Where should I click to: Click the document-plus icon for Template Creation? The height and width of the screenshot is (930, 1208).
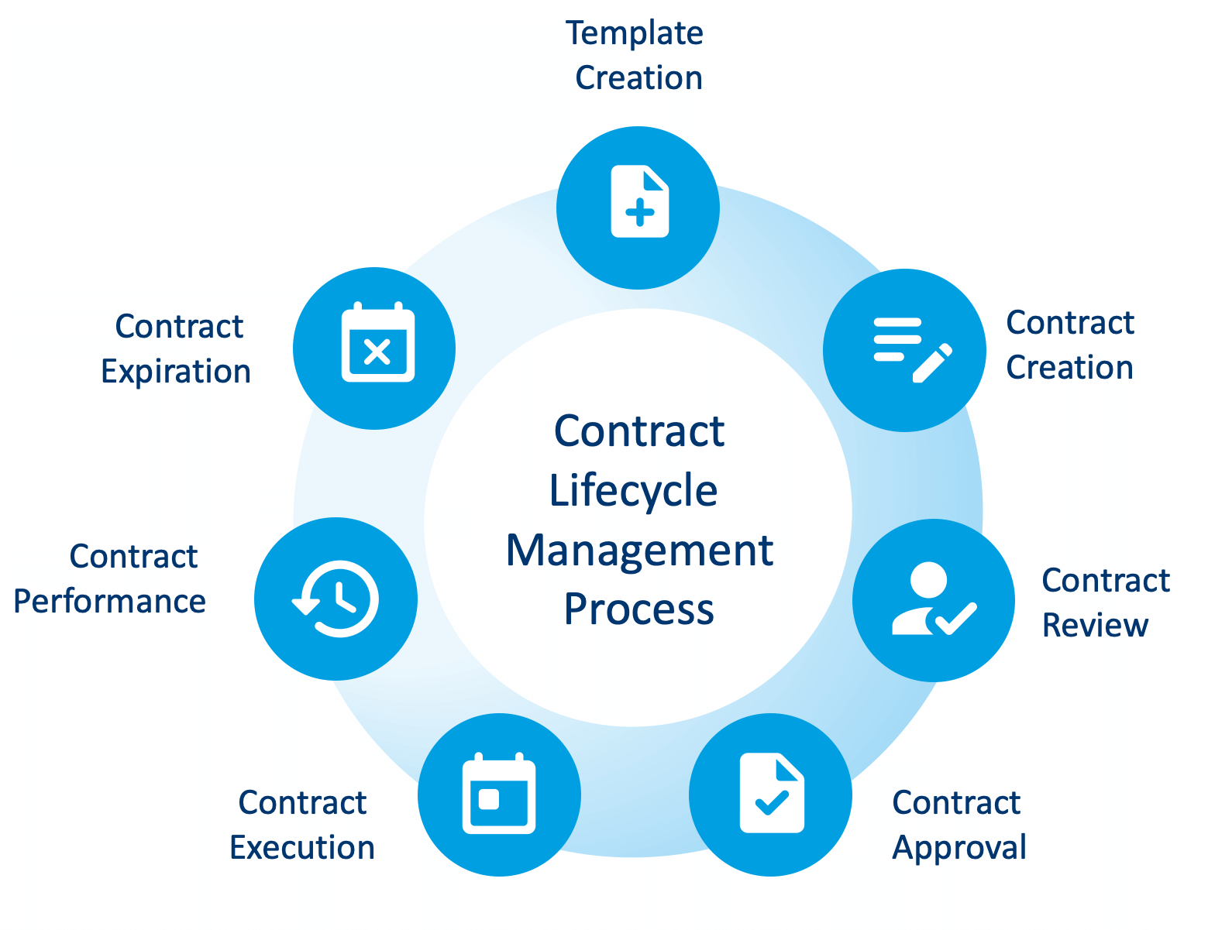pyautogui.click(x=639, y=201)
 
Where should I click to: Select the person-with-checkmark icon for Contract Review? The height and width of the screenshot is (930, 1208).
pyautogui.click(x=933, y=600)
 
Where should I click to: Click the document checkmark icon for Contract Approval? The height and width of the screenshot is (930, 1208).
pyautogui.click(x=772, y=793)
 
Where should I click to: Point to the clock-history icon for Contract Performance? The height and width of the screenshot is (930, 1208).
pyautogui.click(x=336, y=599)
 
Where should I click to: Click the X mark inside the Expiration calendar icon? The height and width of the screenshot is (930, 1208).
pyautogui.click(x=377, y=353)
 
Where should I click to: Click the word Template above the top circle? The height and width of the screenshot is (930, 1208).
pyautogui.click(x=634, y=33)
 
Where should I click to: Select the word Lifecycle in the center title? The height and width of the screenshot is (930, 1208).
pyautogui.click(x=633, y=490)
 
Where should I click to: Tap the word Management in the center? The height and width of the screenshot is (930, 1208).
pyautogui.click(x=639, y=551)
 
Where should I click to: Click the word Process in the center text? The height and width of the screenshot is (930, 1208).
pyautogui.click(x=638, y=609)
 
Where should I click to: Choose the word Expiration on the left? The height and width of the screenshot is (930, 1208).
pyautogui.click(x=176, y=372)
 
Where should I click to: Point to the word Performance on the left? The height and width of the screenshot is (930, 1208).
pyautogui.click(x=109, y=602)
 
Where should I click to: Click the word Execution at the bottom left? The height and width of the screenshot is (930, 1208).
pyautogui.click(x=302, y=848)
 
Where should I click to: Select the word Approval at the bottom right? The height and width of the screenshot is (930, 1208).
pyautogui.click(x=958, y=848)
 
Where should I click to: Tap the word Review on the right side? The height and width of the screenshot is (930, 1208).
pyautogui.click(x=1094, y=626)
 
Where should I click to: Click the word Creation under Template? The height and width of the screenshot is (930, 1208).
pyautogui.click(x=638, y=78)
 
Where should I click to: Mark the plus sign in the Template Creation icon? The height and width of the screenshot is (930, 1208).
pyautogui.click(x=639, y=211)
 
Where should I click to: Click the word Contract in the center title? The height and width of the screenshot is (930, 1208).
pyautogui.click(x=639, y=431)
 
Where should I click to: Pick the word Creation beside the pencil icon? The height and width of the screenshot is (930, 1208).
pyautogui.click(x=1069, y=368)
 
